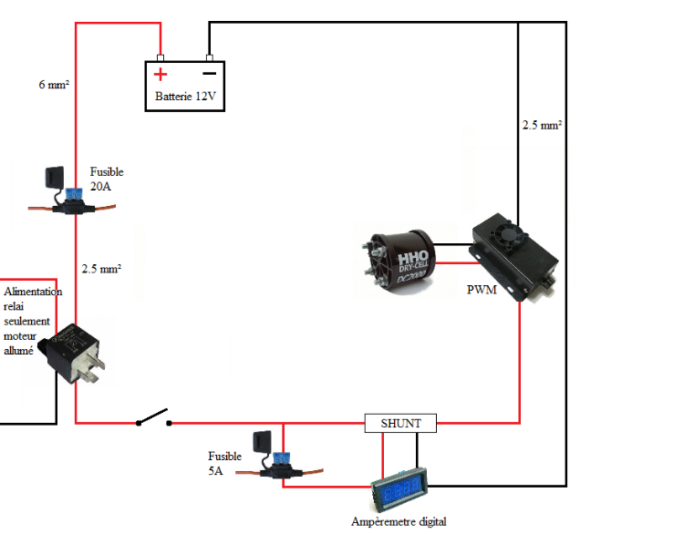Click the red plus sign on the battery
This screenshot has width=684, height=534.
[161, 74]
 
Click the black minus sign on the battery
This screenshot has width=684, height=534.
[209, 73]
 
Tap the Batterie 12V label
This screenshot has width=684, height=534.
[186, 96]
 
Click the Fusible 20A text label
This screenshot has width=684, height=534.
[107, 179]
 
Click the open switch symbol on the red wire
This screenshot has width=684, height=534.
[153, 421]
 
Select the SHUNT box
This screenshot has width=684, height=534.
[400, 424]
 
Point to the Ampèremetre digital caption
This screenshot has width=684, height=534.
[399, 522]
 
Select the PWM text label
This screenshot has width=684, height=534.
[480, 292]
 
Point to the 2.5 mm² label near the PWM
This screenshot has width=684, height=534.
[541, 125]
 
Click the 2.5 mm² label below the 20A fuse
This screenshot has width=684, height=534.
[101, 269]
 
